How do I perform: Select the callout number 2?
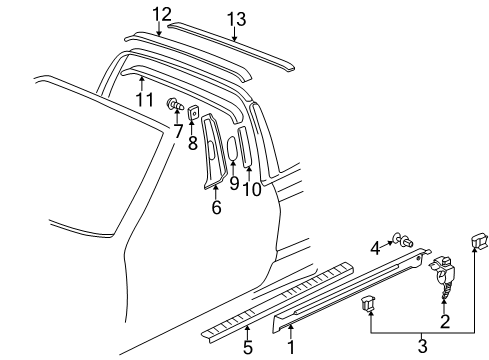pos(444,323)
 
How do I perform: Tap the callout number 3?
pos(420,347)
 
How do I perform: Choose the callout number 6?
pos(214,208)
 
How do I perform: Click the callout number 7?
pos(177,131)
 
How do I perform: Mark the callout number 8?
pos(194,142)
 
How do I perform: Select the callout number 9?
pos(233,182)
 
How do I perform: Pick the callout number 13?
pos(235,19)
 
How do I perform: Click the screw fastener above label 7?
pos(175,103)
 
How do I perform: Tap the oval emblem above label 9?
pos(233,147)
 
